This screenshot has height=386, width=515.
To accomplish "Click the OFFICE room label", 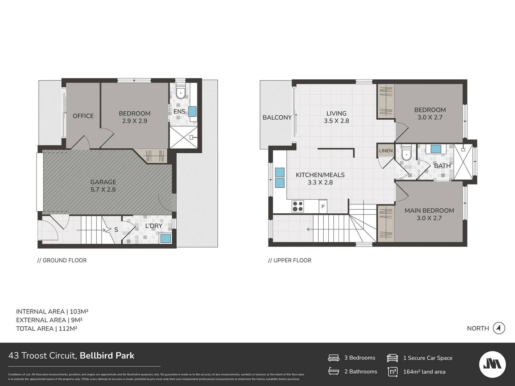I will (83, 116).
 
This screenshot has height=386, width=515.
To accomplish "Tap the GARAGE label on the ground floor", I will (103, 182).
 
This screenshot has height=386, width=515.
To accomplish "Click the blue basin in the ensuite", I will (192, 111).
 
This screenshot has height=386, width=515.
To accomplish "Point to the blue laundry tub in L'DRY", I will (166, 238).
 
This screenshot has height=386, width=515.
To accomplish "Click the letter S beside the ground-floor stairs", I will (116, 230).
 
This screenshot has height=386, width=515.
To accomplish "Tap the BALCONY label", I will (277, 118).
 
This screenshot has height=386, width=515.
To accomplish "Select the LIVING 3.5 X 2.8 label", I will (336, 117).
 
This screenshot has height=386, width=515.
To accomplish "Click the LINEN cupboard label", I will (386, 151).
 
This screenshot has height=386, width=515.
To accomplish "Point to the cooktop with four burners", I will (298, 207).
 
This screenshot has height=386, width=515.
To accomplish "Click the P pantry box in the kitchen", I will (323, 207).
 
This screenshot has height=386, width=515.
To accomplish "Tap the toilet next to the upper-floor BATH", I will (407, 154).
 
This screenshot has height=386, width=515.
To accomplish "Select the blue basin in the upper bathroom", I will (436, 149).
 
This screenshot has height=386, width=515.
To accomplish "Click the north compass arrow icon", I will (499, 328).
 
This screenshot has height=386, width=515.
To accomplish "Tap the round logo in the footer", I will (492, 364).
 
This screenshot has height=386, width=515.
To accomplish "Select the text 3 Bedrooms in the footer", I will (359, 358).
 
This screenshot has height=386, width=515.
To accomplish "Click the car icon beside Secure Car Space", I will (392, 358).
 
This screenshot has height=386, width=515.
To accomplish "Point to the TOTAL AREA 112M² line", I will (46, 328).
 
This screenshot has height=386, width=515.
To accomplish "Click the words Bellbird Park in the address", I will (107, 356).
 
